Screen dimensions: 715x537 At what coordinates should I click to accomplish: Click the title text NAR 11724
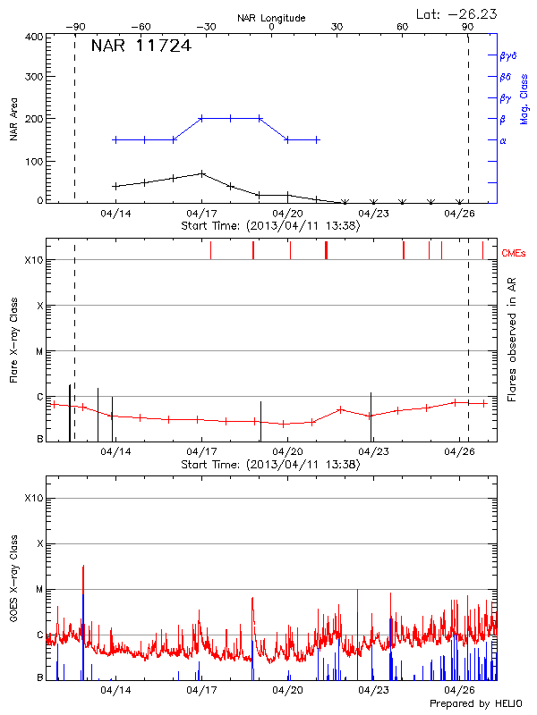(x=141, y=46)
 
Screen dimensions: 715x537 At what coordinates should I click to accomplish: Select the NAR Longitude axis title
(x=271, y=18)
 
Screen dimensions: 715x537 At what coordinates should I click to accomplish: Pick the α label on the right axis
(x=503, y=140)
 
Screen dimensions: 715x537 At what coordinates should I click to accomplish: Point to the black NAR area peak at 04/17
(x=201, y=173)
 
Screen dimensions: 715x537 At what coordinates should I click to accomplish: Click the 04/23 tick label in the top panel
(x=373, y=214)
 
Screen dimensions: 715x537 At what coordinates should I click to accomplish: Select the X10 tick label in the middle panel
(x=33, y=260)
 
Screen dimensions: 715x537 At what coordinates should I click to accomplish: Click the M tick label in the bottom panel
(x=39, y=590)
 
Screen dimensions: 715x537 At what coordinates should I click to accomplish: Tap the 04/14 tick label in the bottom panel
(x=115, y=691)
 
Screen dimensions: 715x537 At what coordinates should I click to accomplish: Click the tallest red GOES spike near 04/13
(x=82, y=567)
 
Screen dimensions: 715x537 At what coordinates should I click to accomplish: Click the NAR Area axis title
(x=14, y=120)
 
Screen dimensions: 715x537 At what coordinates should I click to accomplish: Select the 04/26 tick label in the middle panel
(x=460, y=452)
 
